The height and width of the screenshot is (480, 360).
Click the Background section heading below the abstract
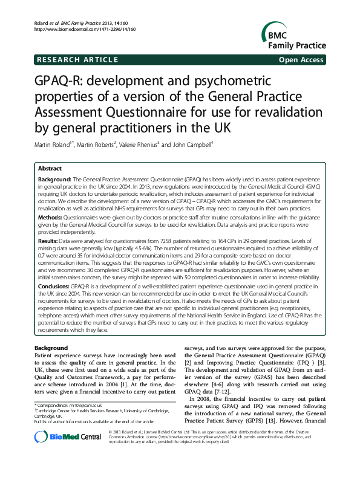[x=51, y=348]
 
